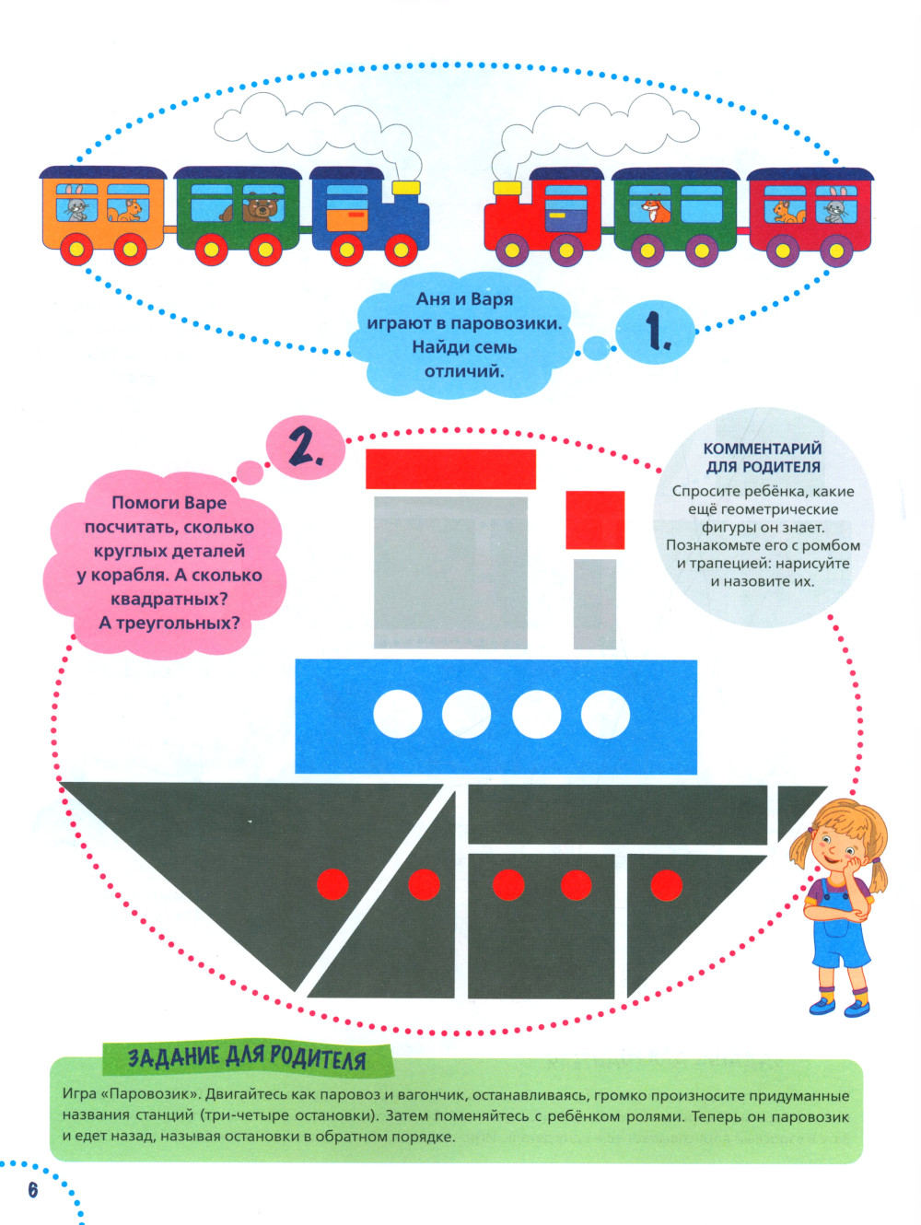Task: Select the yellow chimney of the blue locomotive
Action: pyautogui.click(x=405, y=188)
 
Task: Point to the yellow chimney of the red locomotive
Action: pyautogui.click(x=507, y=188)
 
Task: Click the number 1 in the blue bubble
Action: pyautogui.click(x=656, y=332)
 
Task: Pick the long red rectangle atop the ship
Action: pyautogui.click(x=450, y=469)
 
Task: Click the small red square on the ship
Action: pyautogui.click(x=595, y=520)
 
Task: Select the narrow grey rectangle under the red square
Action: pyautogui.click(x=594, y=603)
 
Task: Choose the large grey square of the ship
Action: pyautogui.click(x=450, y=572)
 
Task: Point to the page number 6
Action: pyautogui.click(x=33, y=1190)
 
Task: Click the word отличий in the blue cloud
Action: pyautogui.click(x=464, y=371)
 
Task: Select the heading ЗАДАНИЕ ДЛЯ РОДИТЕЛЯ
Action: pyautogui.click(x=247, y=1059)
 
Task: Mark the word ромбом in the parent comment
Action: pyautogui.click(x=831, y=545)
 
